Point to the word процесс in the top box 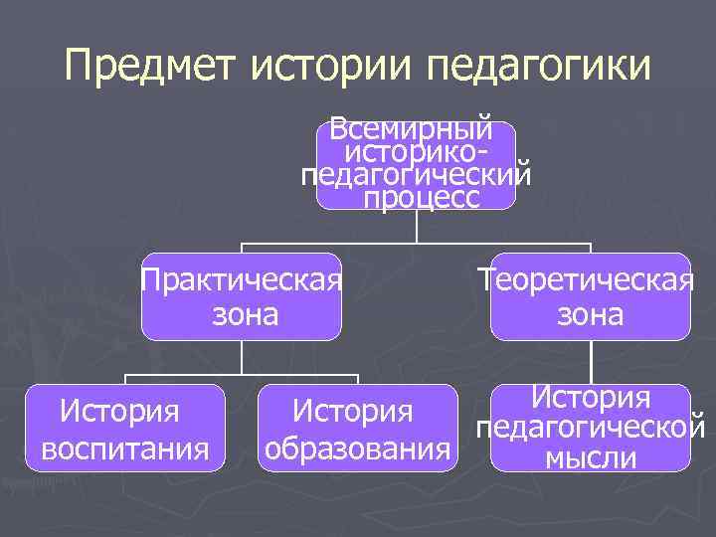pos(422,198)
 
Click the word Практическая pos(242,280)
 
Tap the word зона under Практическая pos(243,316)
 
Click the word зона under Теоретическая pos(591,316)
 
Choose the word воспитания pos(125,449)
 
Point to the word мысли pos(591,458)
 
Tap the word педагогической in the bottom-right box pos(591,430)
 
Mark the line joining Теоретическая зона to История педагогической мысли pos(591,362)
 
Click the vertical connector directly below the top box pos(416,226)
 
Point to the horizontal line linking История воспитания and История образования pos(242,375)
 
